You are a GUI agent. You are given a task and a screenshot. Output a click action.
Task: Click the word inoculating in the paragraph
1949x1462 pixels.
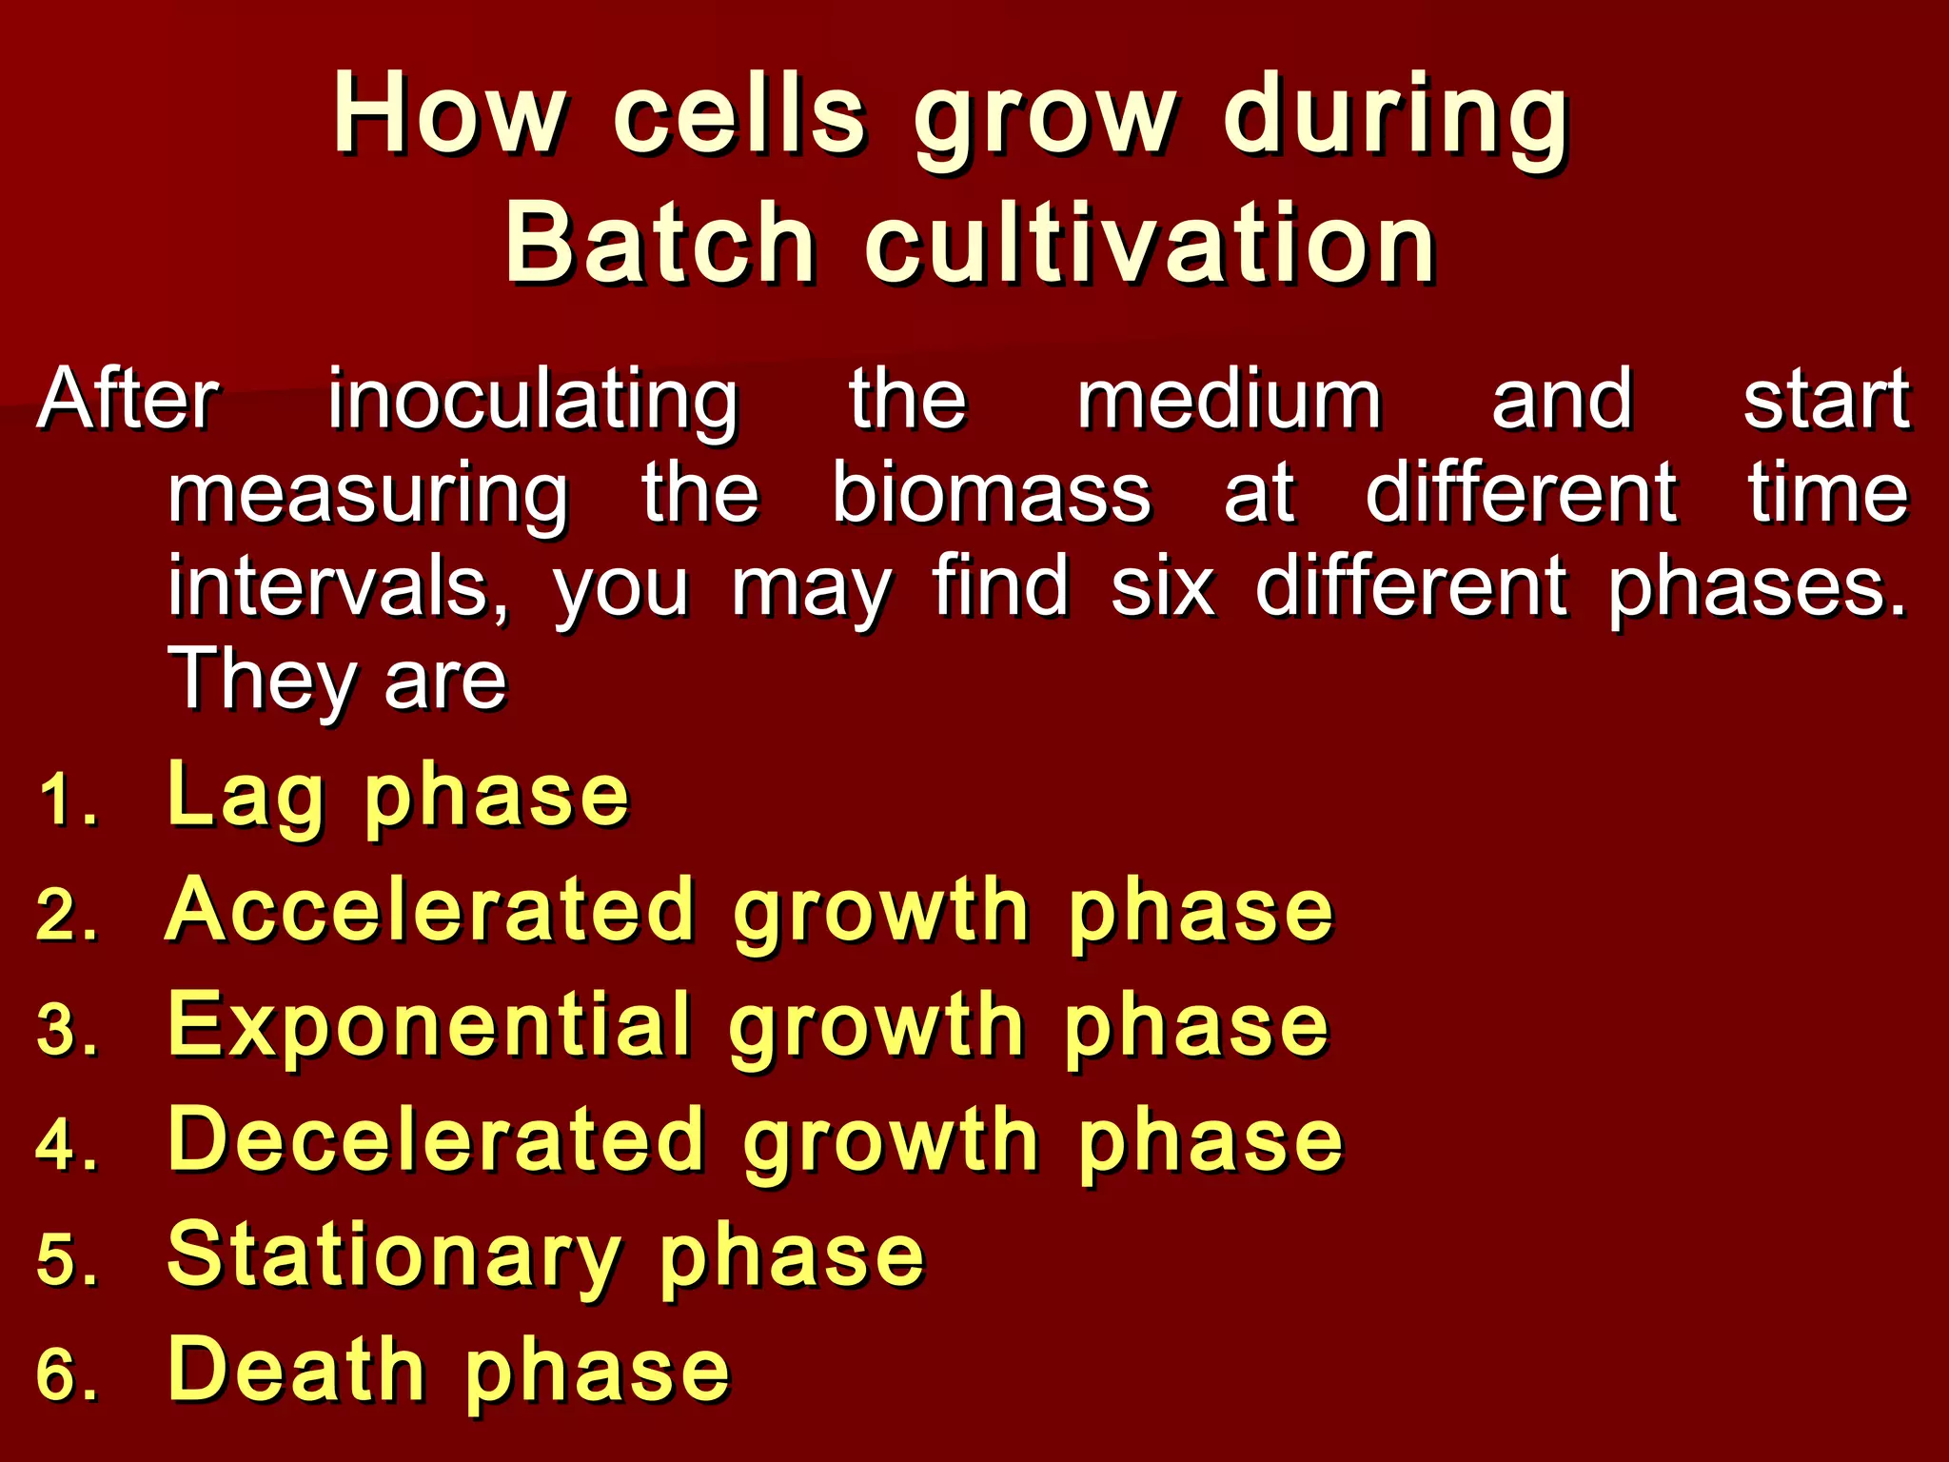(533, 400)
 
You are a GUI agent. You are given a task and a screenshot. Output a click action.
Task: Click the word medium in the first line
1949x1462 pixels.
(1229, 400)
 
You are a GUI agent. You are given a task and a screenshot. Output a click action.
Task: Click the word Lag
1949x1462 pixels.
(246, 796)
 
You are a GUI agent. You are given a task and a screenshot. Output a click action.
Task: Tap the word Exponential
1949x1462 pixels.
(428, 1025)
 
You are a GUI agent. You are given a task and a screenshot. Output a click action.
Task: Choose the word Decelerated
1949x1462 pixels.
(435, 1139)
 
